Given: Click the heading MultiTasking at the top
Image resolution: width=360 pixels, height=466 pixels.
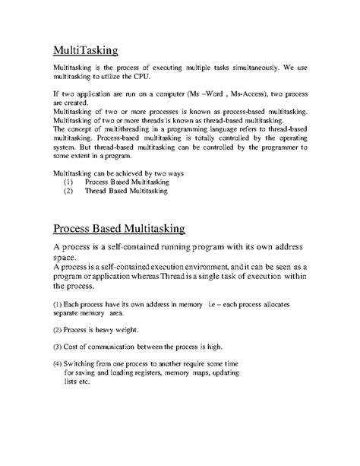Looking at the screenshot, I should coord(85,51).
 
